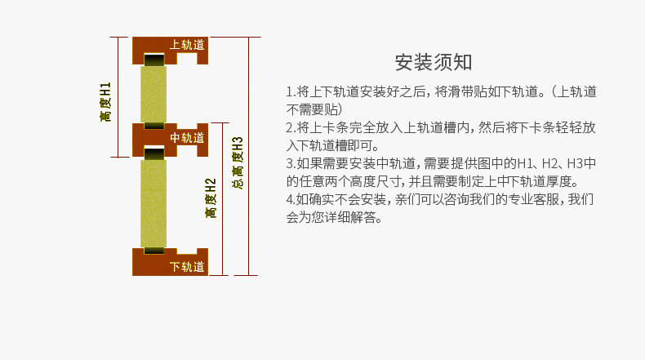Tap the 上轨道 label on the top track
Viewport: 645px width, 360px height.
tap(187, 44)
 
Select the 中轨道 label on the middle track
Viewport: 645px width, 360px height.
tap(187, 138)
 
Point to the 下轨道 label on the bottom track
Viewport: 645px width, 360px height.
tap(187, 267)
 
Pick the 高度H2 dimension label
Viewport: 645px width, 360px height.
tap(211, 198)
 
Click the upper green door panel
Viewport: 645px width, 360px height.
tap(154, 94)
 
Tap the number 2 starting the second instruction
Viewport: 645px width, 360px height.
tap(289, 128)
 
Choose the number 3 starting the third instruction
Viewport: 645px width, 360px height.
tap(289, 164)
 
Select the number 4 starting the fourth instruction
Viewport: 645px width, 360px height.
tap(289, 200)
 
